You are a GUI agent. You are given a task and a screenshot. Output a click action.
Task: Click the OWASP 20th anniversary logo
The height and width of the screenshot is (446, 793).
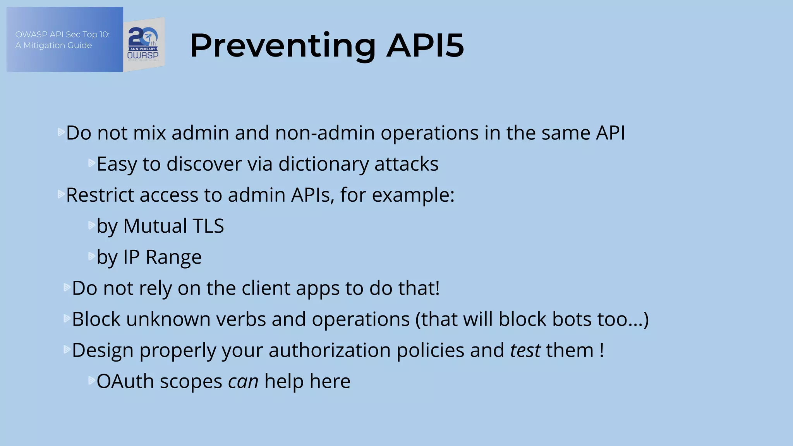pos(144,45)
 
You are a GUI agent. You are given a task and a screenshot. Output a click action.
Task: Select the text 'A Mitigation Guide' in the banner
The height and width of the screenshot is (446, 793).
pos(53,45)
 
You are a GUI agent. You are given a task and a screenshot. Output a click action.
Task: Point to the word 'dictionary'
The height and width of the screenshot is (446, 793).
pos(323,164)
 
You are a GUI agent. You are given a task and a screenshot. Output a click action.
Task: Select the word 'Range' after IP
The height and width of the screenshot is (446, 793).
pos(173,257)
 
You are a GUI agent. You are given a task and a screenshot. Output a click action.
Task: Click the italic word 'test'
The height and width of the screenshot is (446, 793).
pos(525,350)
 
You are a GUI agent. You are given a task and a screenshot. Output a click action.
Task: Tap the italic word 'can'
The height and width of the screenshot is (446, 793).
pos(243,381)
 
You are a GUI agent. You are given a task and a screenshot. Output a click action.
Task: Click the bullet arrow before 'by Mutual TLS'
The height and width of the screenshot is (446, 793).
pos(92,225)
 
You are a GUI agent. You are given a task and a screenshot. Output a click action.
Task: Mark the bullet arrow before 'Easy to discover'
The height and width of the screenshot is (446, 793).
pos(92,163)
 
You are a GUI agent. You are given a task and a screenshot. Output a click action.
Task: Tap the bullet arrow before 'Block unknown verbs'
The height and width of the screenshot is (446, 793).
pos(67,318)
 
